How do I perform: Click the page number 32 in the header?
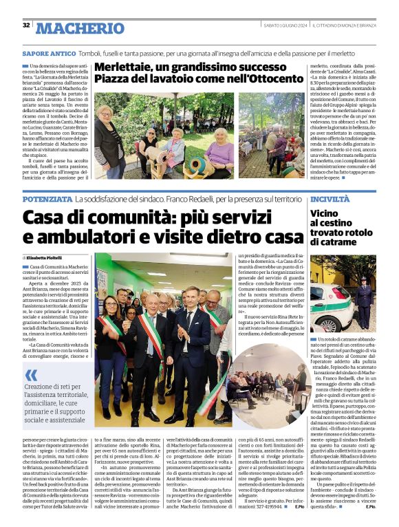tap(26, 25)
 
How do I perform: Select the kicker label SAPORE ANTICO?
tap(49, 53)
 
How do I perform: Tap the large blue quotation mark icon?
tap(32, 376)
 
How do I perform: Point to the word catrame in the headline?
tap(334, 242)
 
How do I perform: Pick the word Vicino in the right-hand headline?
tap(325, 213)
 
